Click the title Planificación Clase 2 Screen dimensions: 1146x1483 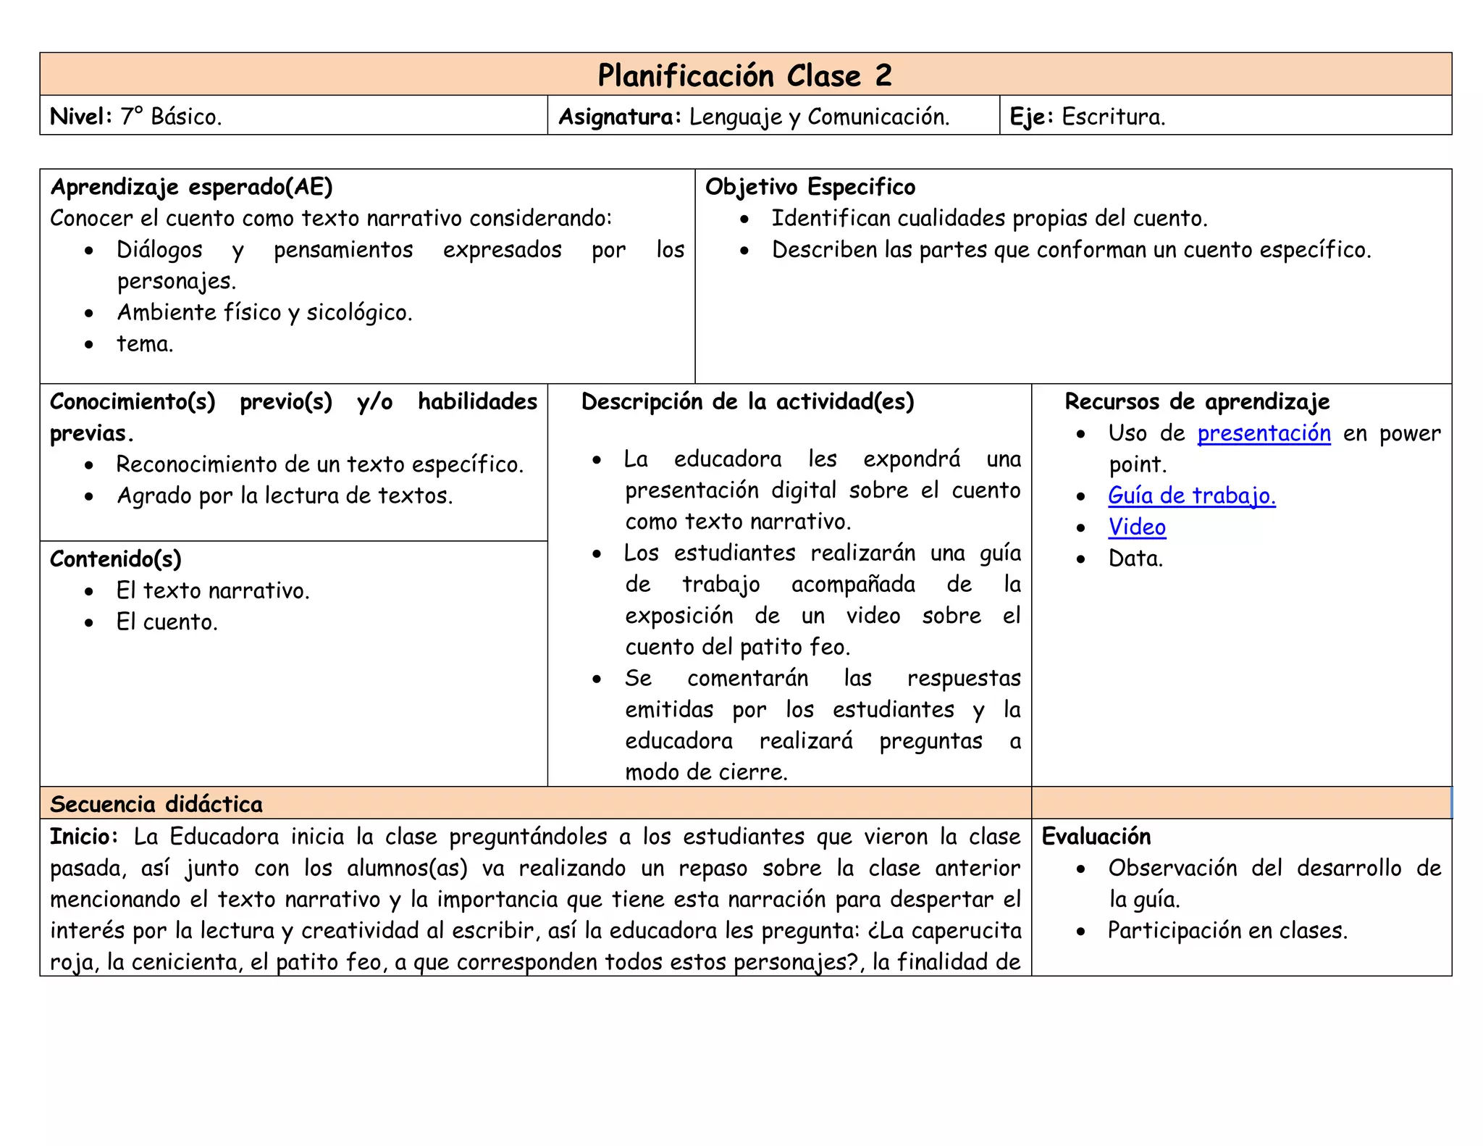(744, 75)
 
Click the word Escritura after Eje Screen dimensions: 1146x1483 (1113, 116)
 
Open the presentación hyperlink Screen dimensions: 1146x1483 (1264, 433)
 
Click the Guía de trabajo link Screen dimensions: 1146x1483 (1191, 495)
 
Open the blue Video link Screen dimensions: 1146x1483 (1137, 527)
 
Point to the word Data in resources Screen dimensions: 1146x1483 (1135, 559)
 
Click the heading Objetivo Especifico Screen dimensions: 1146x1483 (810, 187)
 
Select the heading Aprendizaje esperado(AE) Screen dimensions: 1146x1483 (191, 187)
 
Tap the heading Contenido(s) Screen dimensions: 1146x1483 (115, 559)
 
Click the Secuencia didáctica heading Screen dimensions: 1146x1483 (156, 804)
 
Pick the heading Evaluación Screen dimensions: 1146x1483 (1096, 837)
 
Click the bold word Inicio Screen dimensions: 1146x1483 (83, 837)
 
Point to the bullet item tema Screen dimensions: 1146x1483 (145, 343)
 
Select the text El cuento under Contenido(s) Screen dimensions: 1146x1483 (167, 622)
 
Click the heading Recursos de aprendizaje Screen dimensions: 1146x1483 (1196, 401)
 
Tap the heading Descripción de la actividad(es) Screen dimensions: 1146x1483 (747, 401)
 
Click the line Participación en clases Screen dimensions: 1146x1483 (1227, 930)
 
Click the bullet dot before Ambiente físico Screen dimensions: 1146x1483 (88, 314)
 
